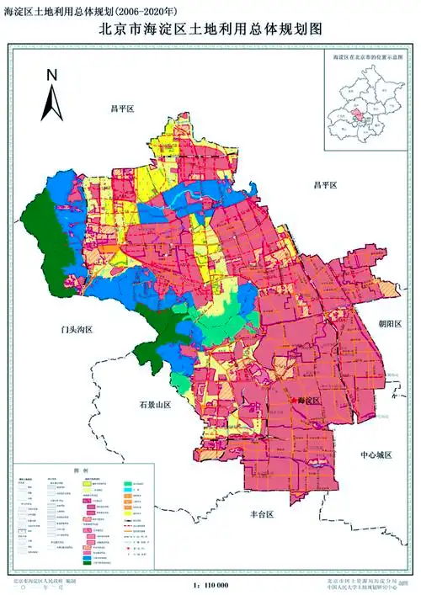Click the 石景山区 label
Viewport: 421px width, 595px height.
pos(156,405)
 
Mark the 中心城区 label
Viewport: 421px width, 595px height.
pos(376,455)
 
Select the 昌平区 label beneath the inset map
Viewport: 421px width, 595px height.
pos(325,184)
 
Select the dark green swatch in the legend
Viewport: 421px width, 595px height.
pos(87,559)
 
